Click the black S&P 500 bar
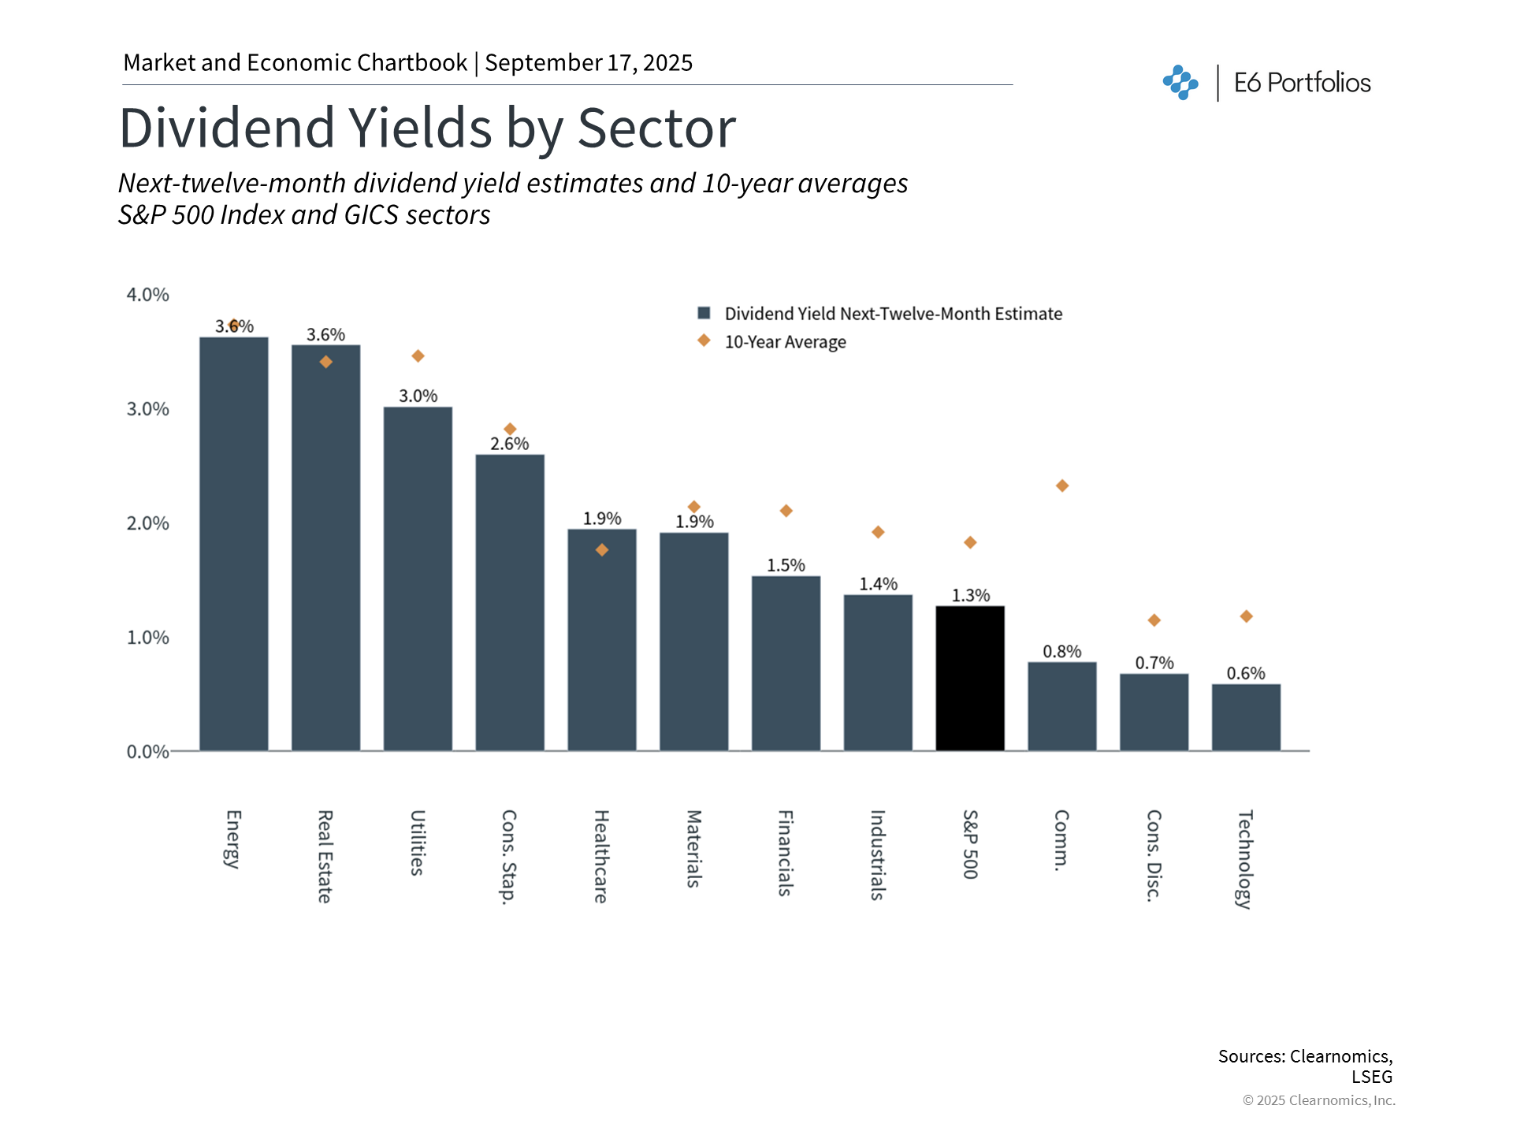click(x=970, y=678)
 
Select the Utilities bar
click(x=418, y=579)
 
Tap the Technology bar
click(x=1246, y=717)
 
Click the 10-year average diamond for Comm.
click(x=1062, y=486)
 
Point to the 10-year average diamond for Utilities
click(x=418, y=356)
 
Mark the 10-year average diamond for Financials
click(x=786, y=511)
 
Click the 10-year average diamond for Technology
click(x=1246, y=616)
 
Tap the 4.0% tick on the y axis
click(x=148, y=295)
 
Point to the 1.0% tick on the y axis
click(x=148, y=638)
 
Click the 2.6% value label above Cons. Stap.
click(x=510, y=444)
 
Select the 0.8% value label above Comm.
click(x=1062, y=652)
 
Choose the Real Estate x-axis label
click(x=325, y=856)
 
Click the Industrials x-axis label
click(x=878, y=854)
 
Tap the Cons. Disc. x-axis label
click(x=1154, y=855)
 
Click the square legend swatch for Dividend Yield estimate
click(x=704, y=313)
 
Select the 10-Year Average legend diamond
click(x=704, y=340)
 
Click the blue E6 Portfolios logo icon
click(x=1180, y=82)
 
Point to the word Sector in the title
click(x=656, y=128)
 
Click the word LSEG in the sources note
click(x=1372, y=1077)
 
